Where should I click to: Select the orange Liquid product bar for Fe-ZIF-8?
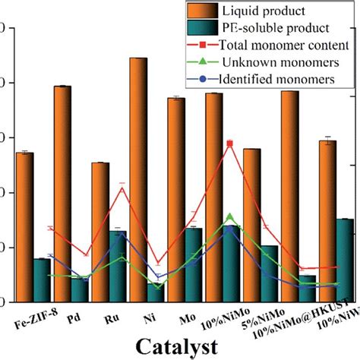[x=25, y=220]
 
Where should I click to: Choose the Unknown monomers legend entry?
[x=266, y=62]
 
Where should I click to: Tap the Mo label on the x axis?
[x=185, y=312]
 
